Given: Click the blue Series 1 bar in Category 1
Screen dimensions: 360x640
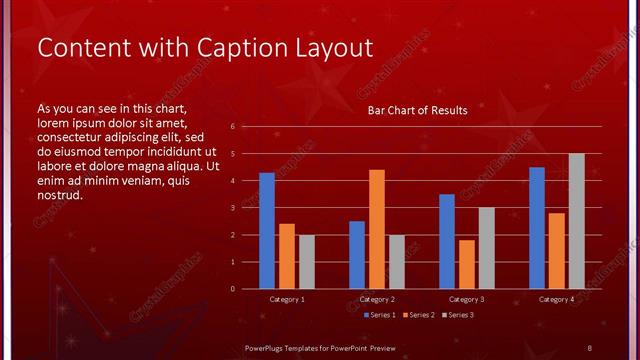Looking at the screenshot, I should coord(267,230).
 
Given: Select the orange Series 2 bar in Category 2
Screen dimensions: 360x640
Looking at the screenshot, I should coord(377,229).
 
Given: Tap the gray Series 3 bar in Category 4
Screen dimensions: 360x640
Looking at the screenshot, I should coord(576,221).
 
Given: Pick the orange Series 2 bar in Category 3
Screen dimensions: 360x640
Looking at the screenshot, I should coord(466,264).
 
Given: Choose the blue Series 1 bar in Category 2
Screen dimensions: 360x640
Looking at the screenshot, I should coord(357,255).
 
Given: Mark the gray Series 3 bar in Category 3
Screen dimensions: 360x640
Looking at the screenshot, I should coord(486,248).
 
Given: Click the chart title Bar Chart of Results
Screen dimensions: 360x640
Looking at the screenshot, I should coord(417,110).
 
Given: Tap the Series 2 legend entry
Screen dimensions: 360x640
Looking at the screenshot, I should coord(418,315).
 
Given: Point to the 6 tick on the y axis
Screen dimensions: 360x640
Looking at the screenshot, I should coord(232,127).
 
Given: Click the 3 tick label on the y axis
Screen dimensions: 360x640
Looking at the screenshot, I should coord(232,208).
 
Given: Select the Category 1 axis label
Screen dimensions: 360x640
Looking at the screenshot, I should coord(287,299).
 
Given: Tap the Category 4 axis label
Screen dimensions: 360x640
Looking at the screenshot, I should coord(557,299).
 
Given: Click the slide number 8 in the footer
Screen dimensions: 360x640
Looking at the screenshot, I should coord(589,347).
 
